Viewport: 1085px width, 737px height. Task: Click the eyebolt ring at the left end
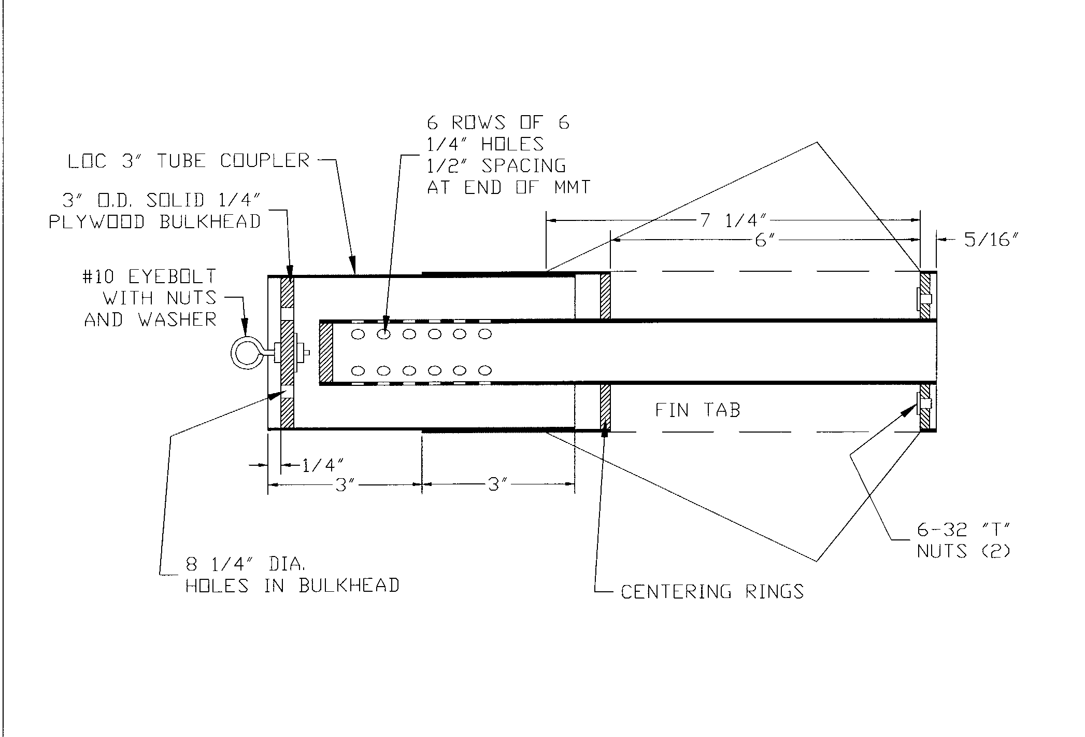(x=247, y=353)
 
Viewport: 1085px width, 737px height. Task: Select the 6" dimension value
(x=761, y=240)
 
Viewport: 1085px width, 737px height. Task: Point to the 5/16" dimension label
(x=988, y=240)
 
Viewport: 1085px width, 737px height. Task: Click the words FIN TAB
(x=697, y=410)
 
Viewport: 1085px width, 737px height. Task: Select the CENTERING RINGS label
(x=712, y=592)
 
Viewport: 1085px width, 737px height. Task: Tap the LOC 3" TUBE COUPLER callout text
(x=189, y=161)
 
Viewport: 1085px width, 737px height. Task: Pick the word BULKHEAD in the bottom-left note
(x=349, y=586)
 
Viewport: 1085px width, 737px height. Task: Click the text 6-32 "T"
(x=964, y=530)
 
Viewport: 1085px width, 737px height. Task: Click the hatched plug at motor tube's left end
(x=326, y=353)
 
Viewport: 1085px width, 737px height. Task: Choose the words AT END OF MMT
(x=508, y=187)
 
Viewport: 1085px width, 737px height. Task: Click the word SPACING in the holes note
(x=523, y=165)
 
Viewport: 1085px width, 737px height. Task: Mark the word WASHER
(x=177, y=319)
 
